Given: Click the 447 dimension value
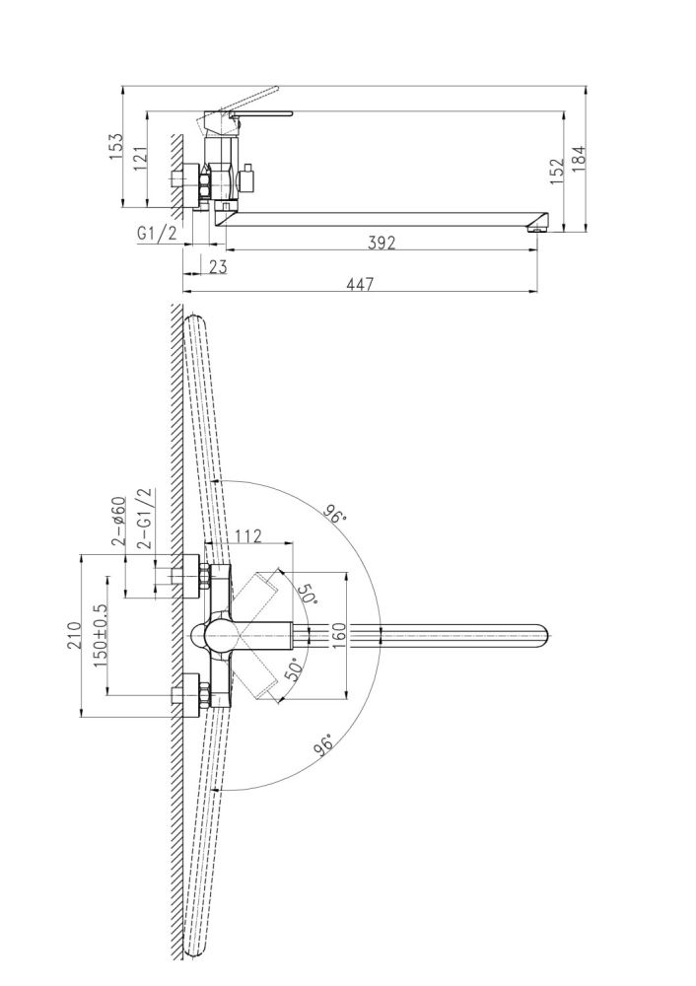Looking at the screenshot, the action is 361,284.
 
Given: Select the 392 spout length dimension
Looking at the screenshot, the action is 382,243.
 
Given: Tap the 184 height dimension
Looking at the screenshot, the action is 579,157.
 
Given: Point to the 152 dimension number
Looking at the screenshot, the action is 556,171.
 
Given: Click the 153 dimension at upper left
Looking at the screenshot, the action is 116,147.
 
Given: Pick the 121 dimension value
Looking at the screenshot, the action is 140,159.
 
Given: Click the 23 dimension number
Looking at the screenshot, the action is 217,266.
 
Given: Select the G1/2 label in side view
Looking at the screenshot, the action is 157,234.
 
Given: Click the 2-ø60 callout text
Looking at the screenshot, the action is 118,521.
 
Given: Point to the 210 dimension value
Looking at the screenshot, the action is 74,635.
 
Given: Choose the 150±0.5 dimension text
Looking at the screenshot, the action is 100,636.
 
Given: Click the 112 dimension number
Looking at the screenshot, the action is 247,536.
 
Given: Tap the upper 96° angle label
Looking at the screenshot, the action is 335,514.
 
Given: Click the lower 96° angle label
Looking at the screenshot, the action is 322,745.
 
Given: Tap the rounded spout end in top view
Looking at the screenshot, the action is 545,635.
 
